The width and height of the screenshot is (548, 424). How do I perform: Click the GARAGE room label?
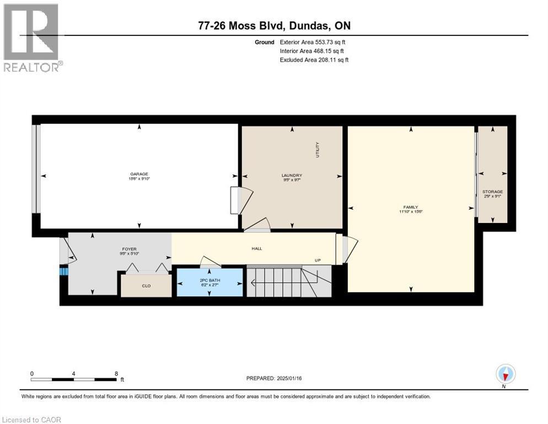(139, 174)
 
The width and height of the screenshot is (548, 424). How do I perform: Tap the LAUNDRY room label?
(292, 176)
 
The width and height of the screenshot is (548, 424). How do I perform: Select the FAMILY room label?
(411, 208)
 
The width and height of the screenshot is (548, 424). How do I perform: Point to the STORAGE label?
(492, 192)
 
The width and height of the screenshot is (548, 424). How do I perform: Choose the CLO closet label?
(146, 285)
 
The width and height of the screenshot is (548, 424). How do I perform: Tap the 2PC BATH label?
(209, 280)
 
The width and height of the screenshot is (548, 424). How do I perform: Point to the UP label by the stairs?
(318, 260)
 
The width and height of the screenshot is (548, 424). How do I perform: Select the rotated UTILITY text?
(318, 149)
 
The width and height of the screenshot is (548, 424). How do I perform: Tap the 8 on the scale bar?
(116, 373)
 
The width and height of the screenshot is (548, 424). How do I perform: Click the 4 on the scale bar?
(73, 373)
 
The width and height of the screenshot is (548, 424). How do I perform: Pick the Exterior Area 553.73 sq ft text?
(313, 42)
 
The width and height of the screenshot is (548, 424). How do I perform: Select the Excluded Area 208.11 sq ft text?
(314, 60)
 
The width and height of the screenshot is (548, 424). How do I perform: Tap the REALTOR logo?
(32, 38)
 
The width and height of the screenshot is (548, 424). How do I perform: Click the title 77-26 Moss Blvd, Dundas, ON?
(274, 25)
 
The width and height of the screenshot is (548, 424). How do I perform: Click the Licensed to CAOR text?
(31, 420)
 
